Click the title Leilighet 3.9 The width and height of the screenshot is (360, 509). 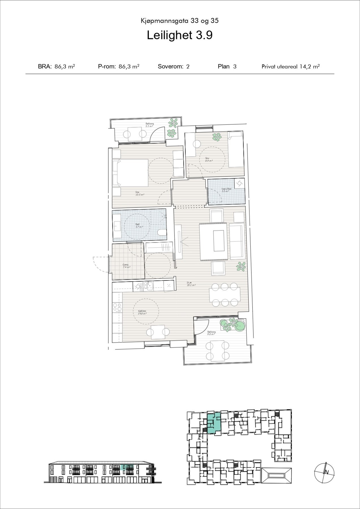pos(180,35)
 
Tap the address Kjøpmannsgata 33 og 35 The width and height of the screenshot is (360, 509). pos(180,21)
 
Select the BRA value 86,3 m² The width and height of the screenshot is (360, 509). pos(65,67)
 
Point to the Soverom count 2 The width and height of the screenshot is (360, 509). pos(188,67)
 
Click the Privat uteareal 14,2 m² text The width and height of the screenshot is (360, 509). pos(290,67)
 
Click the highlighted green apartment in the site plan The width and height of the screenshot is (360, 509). pos(214,423)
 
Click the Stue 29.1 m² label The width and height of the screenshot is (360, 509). pos(189,284)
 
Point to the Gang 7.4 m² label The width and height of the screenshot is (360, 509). pos(126,266)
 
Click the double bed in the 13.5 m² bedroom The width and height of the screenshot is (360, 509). pos(131,173)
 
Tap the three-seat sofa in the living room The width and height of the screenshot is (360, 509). pos(237,241)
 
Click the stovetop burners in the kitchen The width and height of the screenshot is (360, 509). pos(117,308)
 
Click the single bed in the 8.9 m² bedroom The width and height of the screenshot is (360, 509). pos(236,150)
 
